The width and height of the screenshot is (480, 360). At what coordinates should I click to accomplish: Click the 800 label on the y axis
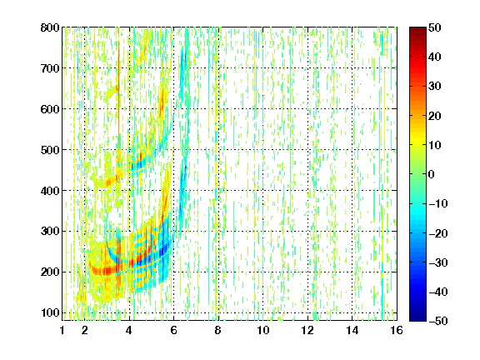(x=50, y=27)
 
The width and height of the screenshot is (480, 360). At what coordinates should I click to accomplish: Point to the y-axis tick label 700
(x=50, y=68)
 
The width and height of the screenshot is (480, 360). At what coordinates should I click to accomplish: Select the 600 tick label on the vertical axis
(x=50, y=109)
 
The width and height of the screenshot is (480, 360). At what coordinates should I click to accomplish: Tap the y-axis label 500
(x=50, y=150)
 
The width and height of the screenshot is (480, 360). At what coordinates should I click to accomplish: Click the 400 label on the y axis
(x=50, y=191)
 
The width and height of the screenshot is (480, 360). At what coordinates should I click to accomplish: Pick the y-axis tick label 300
(x=50, y=231)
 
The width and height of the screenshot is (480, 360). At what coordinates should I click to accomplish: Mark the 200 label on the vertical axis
(x=50, y=272)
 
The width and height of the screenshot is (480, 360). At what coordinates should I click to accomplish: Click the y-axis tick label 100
(x=50, y=312)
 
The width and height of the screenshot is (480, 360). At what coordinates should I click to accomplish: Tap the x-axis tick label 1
(x=62, y=330)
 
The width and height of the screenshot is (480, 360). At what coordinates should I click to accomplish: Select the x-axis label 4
(x=129, y=330)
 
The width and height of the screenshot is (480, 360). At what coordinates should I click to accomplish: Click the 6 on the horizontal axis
(x=173, y=330)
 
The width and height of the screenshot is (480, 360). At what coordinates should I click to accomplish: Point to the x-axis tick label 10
(x=263, y=330)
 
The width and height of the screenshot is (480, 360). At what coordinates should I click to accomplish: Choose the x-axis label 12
(x=307, y=330)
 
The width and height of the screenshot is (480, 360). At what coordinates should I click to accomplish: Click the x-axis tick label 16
(x=397, y=330)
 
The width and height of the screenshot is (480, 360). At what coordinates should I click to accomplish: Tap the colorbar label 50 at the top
(x=434, y=27)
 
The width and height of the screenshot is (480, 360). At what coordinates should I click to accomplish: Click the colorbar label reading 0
(x=432, y=174)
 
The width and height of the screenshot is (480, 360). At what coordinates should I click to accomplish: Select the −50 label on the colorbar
(x=438, y=321)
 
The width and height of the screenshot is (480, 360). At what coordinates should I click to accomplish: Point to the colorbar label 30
(x=434, y=87)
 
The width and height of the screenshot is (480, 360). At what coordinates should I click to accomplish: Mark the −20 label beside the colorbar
(x=438, y=233)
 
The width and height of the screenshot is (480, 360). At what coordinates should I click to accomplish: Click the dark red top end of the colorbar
(x=417, y=29)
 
